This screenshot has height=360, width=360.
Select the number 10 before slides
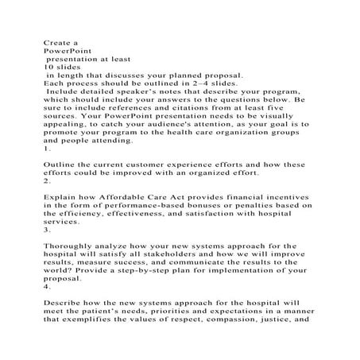coord(47,67)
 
